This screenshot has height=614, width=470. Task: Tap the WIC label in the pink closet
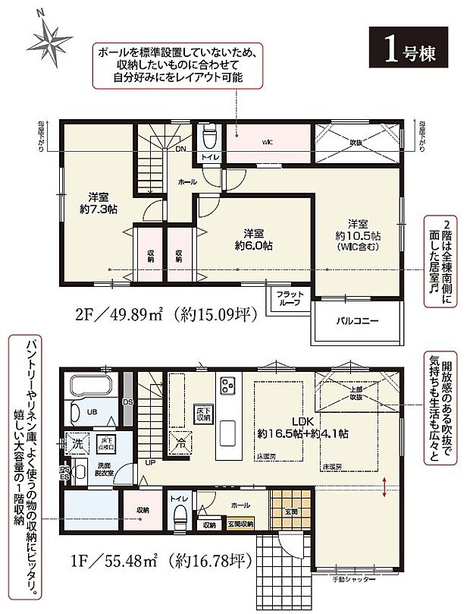(268, 141)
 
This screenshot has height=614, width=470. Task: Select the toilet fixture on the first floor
(180, 519)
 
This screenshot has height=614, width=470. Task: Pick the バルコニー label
(356, 320)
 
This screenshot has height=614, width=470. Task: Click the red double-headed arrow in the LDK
(387, 485)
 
